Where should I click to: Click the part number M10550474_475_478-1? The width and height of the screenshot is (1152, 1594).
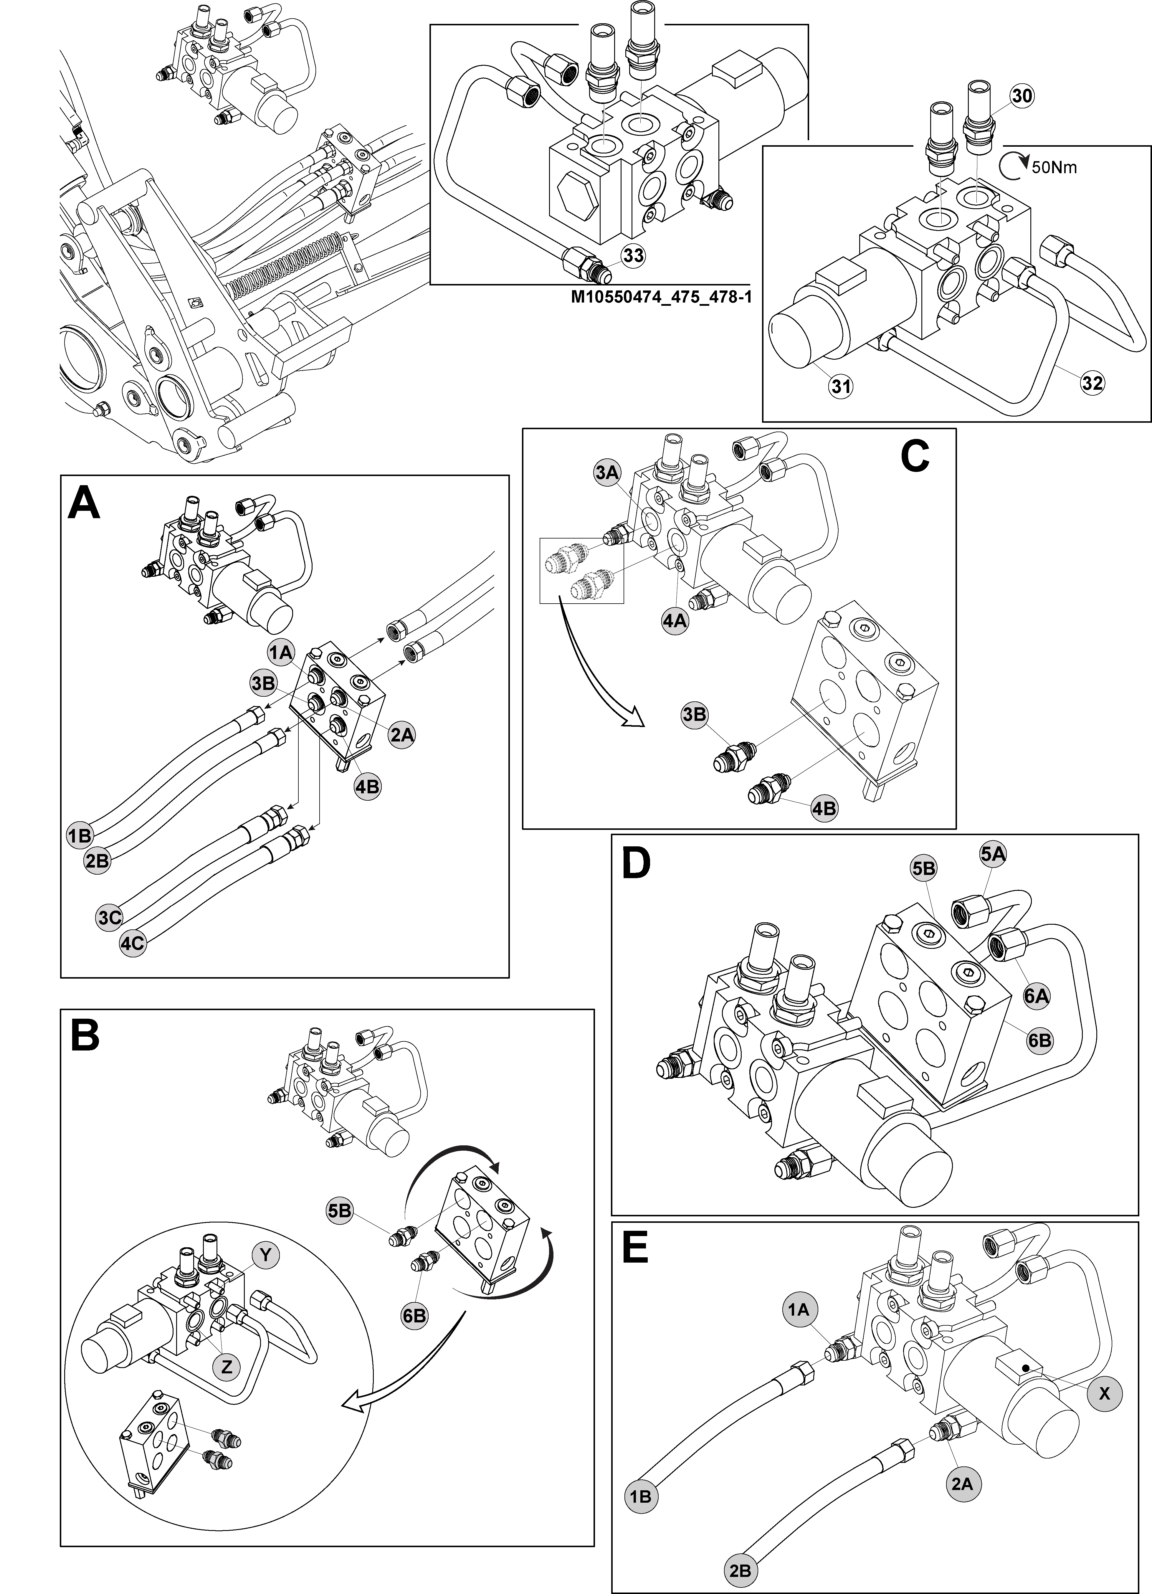pyautogui.click(x=661, y=297)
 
